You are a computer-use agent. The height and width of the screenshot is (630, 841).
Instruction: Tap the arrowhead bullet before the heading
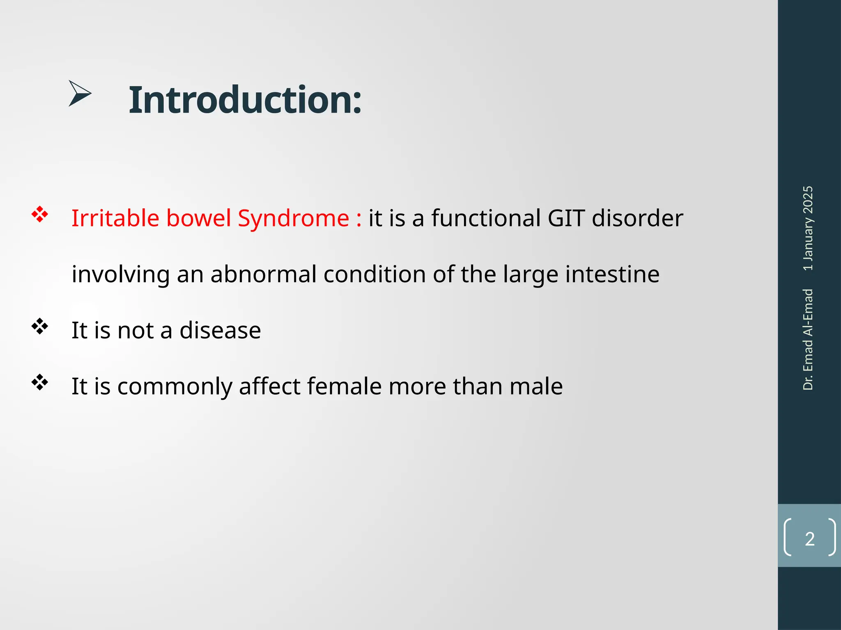click(x=80, y=94)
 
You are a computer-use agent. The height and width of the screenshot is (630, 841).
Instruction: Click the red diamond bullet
click(x=40, y=215)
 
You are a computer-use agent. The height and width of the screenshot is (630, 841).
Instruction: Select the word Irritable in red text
click(x=115, y=218)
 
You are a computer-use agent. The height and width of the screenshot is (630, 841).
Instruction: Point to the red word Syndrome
click(x=293, y=219)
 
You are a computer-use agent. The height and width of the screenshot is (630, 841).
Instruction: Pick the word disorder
click(x=637, y=218)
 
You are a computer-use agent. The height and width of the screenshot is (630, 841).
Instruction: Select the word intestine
click(x=612, y=274)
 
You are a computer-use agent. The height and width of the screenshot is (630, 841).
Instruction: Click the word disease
click(x=220, y=330)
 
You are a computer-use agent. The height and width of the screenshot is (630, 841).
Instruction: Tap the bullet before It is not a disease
click(x=40, y=326)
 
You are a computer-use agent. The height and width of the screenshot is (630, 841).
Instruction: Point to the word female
click(x=344, y=386)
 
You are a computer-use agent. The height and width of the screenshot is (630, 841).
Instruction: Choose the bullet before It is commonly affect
click(x=40, y=383)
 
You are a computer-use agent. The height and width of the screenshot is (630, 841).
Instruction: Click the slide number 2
click(x=809, y=539)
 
